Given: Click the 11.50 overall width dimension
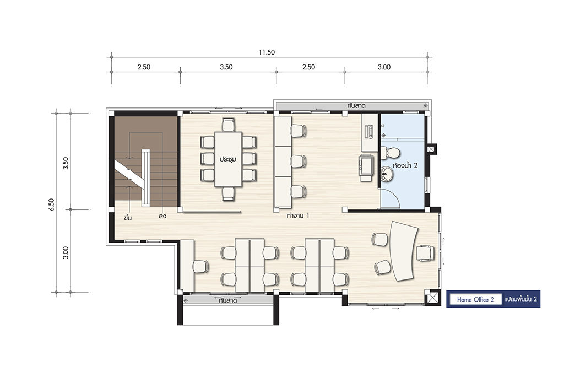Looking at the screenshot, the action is (x=267, y=52).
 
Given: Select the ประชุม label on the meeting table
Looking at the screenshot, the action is (x=228, y=159).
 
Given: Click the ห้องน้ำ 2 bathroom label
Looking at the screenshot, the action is (x=405, y=165).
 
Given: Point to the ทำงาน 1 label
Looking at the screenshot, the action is (x=298, y=216).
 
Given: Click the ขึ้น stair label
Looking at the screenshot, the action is (x=128, y=217).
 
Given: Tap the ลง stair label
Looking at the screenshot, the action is (x=162, y=216).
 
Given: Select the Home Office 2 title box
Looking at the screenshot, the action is (x=475, y=299).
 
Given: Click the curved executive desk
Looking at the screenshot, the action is (x=404, y=251).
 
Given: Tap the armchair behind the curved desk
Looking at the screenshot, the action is (x=425, y=252).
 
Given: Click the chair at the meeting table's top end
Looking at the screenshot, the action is (x=229, y=125).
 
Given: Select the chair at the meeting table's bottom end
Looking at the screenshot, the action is (x=229, y=193).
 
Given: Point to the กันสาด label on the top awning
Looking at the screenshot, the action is (x=356, y=106).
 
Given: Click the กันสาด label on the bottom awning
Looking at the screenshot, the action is (x=227, y=300).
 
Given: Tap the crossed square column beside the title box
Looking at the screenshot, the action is (x=432, y=298).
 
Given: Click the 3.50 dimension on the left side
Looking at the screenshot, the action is (x=66, y=163).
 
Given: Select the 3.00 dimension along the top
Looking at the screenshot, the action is (x=384, y=67).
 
